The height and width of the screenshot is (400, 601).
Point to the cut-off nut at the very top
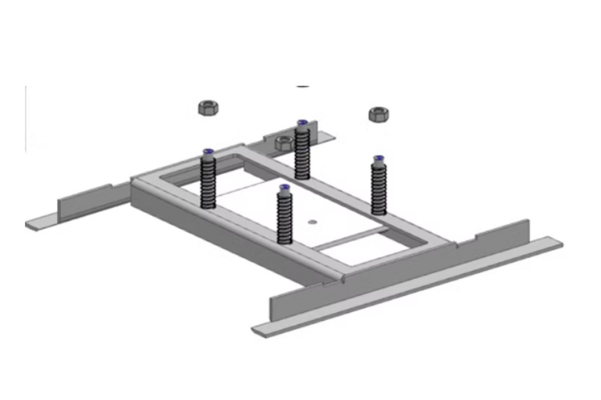(303, 86)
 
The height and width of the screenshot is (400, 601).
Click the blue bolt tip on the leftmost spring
(208, 151)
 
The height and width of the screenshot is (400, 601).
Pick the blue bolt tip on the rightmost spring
(378, 158)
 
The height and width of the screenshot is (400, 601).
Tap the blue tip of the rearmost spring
(302, 122)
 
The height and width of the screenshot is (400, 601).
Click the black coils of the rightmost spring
(378, 189)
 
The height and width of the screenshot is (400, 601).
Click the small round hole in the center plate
(311, 221)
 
